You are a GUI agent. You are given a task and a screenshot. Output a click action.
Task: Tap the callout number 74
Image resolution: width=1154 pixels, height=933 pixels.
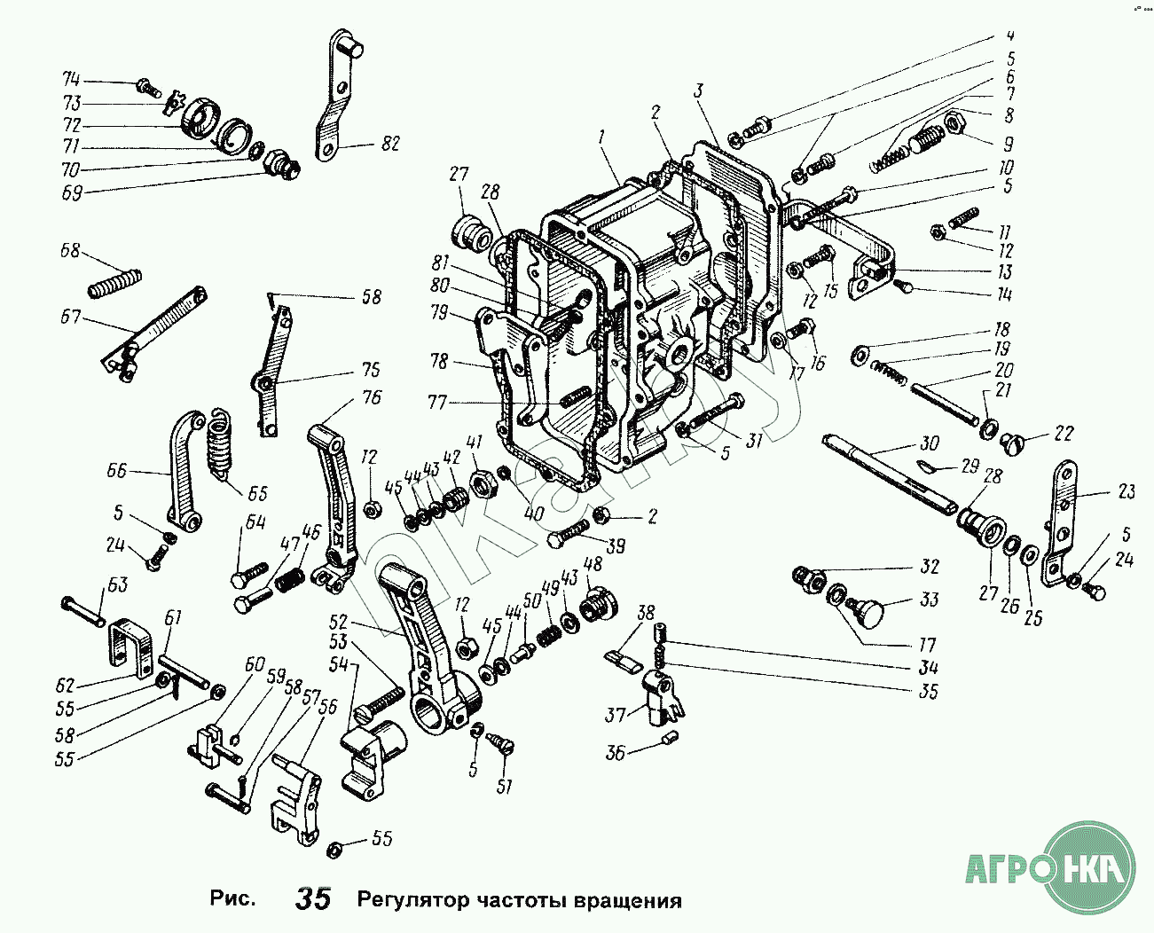click(71, 79)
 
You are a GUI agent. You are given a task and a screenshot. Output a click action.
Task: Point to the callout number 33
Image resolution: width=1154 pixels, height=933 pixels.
click(929, 600)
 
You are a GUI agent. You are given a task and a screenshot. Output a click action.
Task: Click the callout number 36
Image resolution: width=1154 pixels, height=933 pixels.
click(615, 753)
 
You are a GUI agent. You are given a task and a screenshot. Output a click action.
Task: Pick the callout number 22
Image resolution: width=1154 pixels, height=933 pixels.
click(1064, 434)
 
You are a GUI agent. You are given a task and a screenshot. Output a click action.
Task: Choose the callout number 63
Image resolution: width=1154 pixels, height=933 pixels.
click(119, 584)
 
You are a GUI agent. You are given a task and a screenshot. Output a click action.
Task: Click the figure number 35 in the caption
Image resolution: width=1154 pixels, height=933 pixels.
click(313, 898)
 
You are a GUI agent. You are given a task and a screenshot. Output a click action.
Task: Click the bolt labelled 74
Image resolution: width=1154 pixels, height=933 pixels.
click(146, 88)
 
